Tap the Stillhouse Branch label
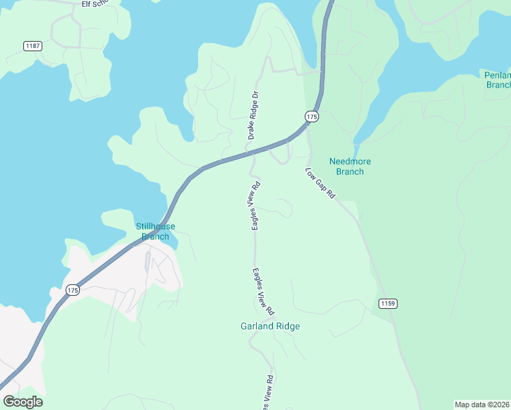click(x=155, y=232)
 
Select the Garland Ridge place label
click(x=270, y=326)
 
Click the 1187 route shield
click(x=32, y=46)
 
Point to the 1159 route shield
click(x=387, y=303)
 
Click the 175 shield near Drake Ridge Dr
click(x=312, y=117)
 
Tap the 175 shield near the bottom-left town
click(x=72, y=290)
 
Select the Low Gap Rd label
click(x=320, y=183)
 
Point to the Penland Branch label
click(x=497, y=80)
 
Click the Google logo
click(x=23, y=402)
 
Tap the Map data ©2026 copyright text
click(x=482, y=404)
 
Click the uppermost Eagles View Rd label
click(x=255, y=205)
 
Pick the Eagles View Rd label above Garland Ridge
click(x=262, y=290)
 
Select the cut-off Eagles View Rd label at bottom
click(x=269, y=392)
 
